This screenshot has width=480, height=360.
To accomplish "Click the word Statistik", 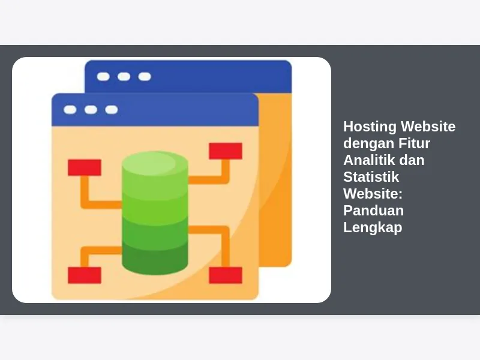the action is point(371,177).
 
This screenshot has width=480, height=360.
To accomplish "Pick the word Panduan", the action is point(373,211).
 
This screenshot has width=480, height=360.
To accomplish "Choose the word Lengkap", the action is point(373,228).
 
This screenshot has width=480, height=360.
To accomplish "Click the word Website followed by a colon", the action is point(373,194).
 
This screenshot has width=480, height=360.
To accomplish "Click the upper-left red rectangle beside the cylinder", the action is point(85,167).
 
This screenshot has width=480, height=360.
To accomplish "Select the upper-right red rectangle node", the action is point(226,151).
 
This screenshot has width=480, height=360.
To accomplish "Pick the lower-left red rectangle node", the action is point(85,275).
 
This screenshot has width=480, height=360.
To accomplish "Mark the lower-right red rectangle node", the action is point(226,275).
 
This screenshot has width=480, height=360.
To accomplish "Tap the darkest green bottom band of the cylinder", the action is point(155,258).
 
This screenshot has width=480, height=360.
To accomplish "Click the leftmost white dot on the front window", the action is point(70,110).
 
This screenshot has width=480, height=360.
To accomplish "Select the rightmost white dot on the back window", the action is point(145,77).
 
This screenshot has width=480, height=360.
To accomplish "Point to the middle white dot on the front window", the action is point(91,110).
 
